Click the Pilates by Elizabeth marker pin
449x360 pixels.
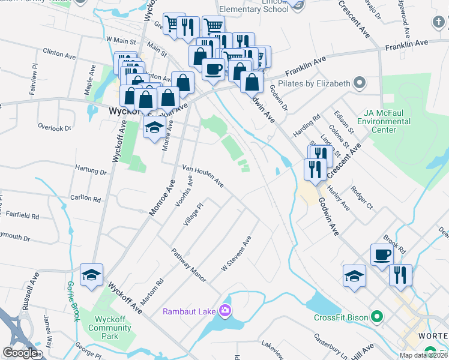tap(360, 82)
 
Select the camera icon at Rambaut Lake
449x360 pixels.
tap(225, 310)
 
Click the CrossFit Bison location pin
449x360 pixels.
tap(377, 316)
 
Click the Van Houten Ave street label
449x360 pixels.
tap(203, 176)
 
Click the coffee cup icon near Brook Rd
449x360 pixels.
tap(382, 254)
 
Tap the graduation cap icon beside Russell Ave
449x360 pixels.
tap(91, 275)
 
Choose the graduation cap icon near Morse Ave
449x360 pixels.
tap(154, 127)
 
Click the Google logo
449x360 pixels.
tap(20, 353)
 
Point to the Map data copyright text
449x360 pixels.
tap(423, 355)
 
